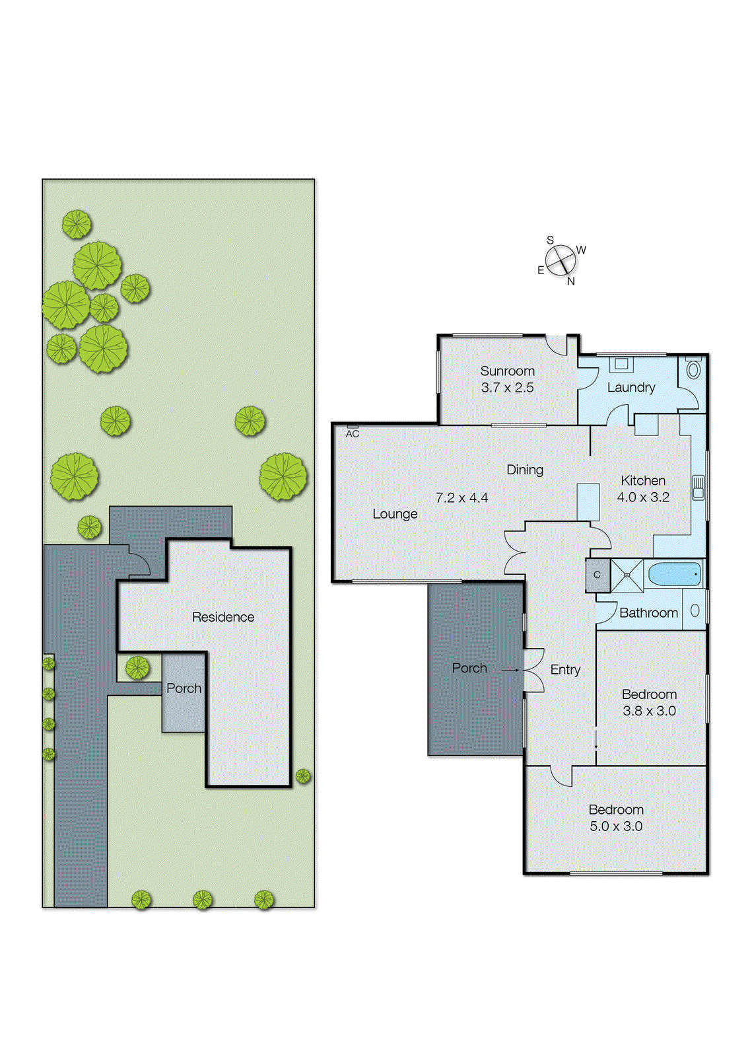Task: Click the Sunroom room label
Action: coord(507,371)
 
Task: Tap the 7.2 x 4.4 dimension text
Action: coord(461,497)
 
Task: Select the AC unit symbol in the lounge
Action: coord(353,427)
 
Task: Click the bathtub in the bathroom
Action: coord(674,574)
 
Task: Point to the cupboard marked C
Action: coord(597,575)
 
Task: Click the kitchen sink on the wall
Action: coord(698,488)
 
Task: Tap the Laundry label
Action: coord(630,387)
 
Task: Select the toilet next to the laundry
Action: coord(693,369)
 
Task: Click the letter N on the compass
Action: coord(571,281)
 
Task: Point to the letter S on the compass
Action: coord(550,240)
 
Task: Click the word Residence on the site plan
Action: coord(222,617)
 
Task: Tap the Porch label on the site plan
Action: coord(184,688)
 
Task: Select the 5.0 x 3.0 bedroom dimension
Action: coord(615,826)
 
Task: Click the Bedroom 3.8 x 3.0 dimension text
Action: coord(649,711)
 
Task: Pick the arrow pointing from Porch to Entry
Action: coord(510,670)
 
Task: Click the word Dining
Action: coord(525,470)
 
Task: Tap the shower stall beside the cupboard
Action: coord(627,575)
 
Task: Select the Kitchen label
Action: coord(643,480)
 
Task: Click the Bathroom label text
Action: coord(648,613)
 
